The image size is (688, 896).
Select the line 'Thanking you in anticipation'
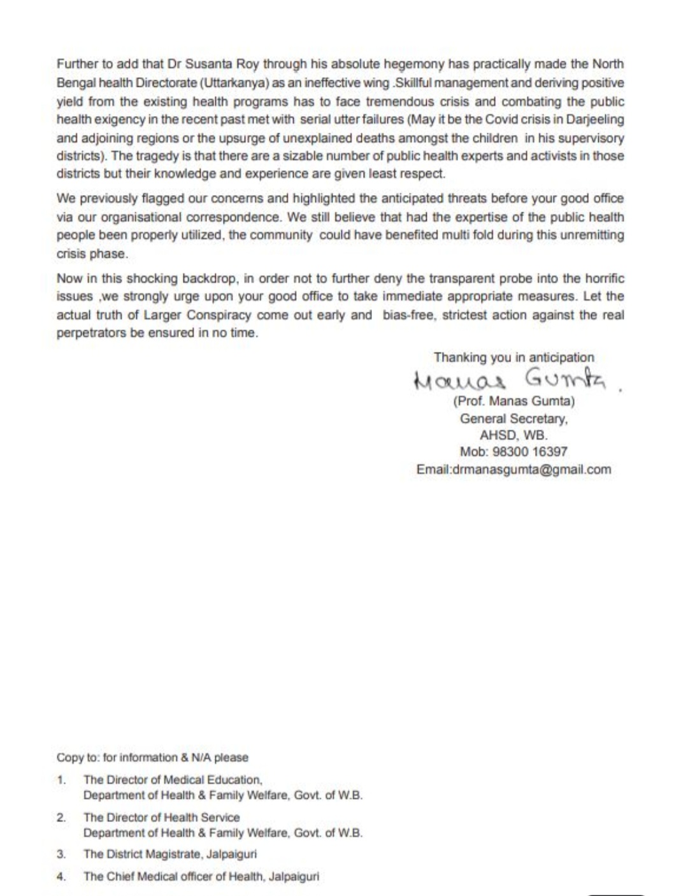click(513, 358)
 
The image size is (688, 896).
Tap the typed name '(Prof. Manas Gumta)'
click(513, 401)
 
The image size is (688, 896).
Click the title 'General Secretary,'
click(513, 419)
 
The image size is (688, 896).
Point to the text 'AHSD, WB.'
click(513, 436)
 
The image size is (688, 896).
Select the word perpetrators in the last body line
click(91, 333)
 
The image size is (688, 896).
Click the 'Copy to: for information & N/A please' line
click(152, 758)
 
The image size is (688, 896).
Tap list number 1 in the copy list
click(61, 779)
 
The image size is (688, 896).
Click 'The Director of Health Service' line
click(162, 817)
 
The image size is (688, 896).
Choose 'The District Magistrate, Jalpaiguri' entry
click(170, 854)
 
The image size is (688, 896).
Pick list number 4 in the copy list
click(61, 876)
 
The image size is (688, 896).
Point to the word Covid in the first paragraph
click(503, 119)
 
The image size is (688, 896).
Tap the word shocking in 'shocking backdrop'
click(152, 278)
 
